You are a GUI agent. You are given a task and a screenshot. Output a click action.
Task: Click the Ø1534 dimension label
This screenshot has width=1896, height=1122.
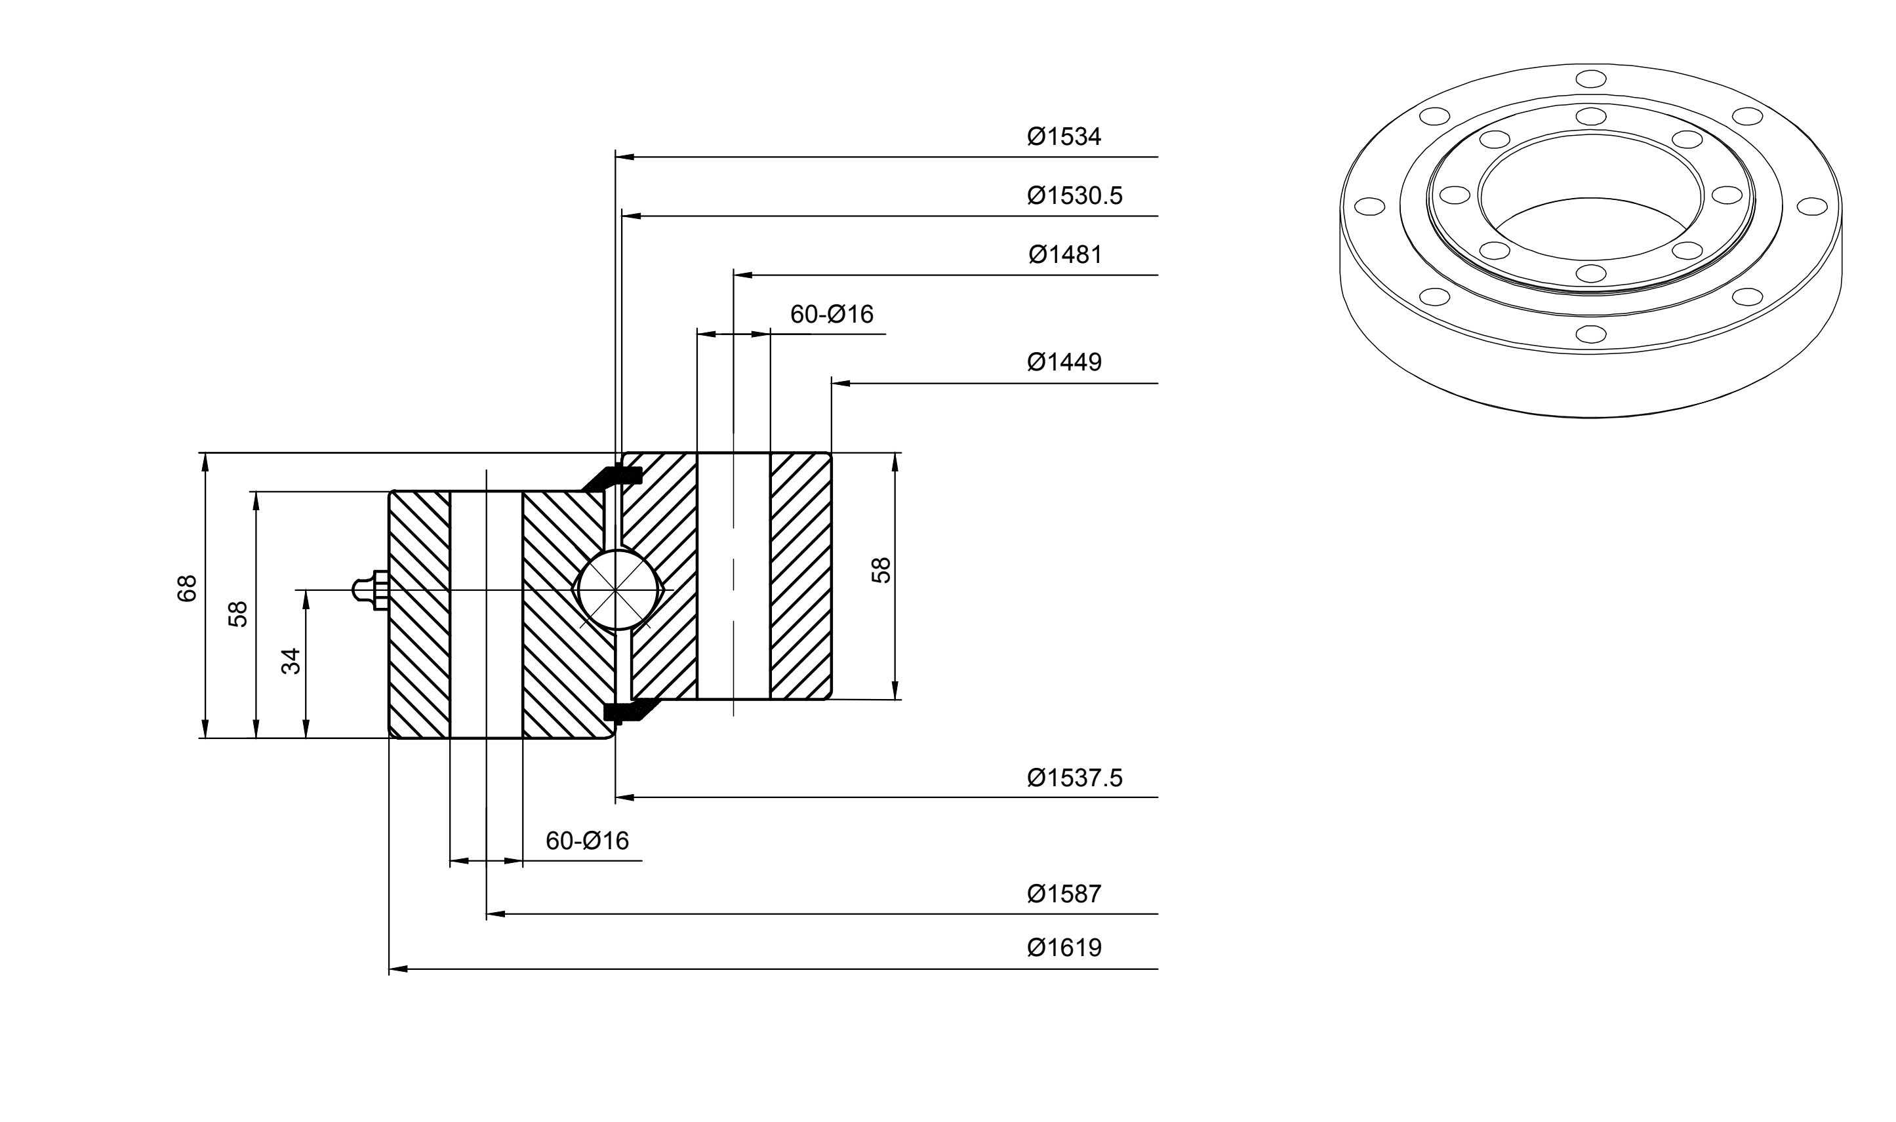(x=1064, y=137)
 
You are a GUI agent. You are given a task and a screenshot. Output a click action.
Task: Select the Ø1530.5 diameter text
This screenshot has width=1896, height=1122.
(x=1074, y=196)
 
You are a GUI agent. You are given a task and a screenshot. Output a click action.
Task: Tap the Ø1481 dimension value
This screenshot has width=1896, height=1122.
(x=1065, y=255)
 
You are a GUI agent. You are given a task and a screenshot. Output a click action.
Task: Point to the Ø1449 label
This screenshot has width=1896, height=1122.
(x=1064, y=362)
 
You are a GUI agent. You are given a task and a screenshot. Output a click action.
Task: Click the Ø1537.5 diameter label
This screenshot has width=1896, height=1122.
(x=1074, y=777)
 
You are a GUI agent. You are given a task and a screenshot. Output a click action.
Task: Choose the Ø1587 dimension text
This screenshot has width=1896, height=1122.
(x=1064, y=894)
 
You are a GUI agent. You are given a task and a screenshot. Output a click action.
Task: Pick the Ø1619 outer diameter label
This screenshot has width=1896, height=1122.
(x=1064, y=948)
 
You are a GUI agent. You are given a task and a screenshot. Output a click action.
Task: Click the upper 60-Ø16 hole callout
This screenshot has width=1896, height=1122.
(x=832, y=313)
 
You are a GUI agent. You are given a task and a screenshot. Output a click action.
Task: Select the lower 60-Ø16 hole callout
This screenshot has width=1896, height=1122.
(x=587, y=841)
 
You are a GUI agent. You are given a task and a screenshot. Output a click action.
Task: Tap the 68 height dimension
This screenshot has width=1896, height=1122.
(x=187, y=588)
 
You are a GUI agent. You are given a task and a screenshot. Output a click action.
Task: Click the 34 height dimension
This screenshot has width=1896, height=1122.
(x=291, y=661)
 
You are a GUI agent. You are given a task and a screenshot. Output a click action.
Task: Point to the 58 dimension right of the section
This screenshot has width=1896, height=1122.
(x=881, y=569)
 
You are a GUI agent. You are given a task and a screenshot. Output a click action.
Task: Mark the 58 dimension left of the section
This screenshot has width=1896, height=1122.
(x=238, y=614)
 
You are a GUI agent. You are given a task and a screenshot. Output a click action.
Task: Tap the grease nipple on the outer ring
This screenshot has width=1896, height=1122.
(x=371, y=590)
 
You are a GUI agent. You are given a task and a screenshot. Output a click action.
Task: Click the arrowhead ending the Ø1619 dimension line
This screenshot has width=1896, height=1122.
(x=397, y=969)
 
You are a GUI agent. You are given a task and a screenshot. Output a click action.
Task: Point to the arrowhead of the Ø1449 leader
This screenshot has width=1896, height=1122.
(x=841, y=384)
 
